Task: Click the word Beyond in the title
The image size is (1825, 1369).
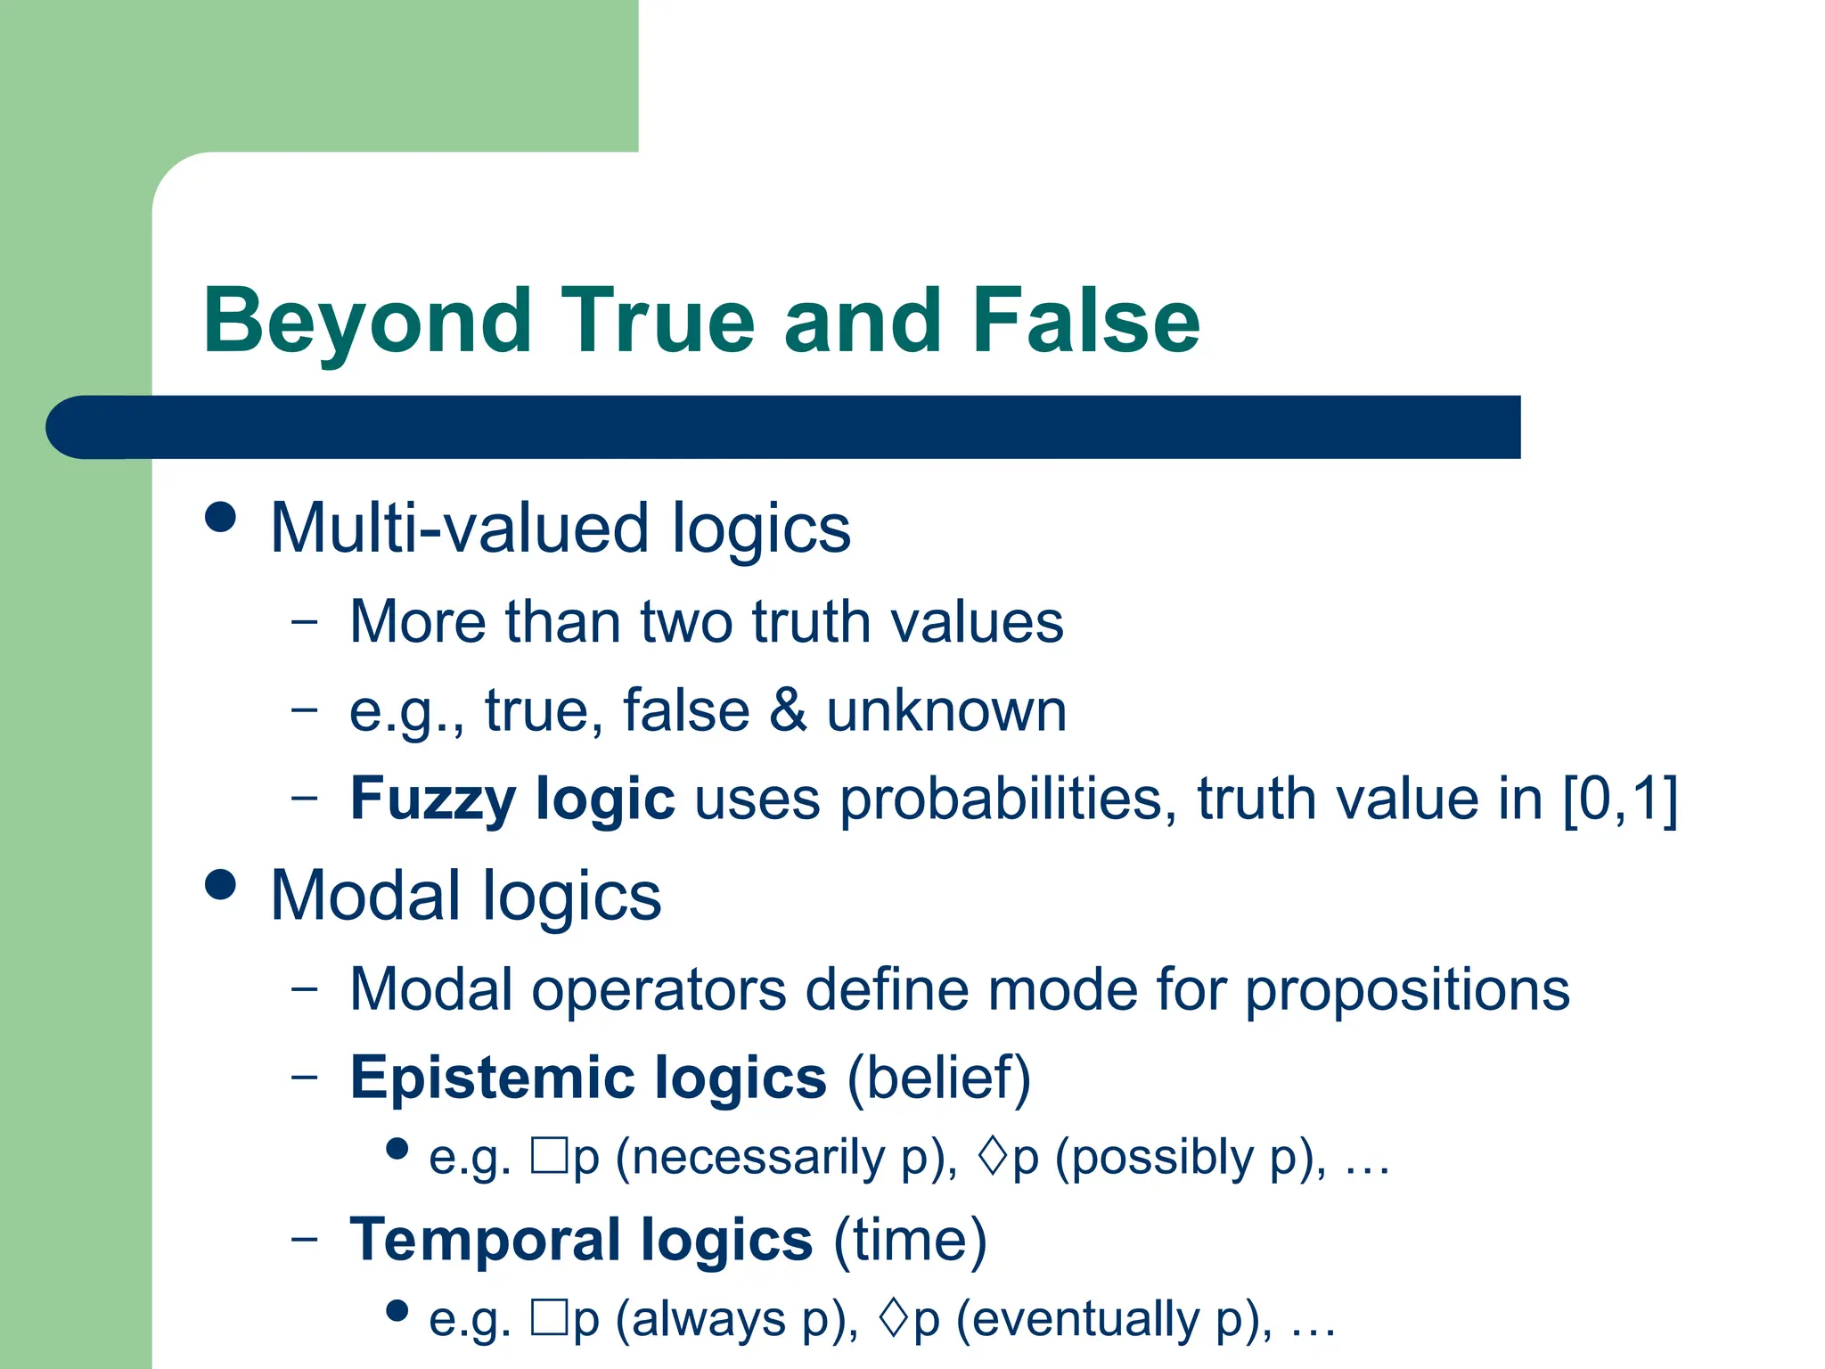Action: (x=367, y=323)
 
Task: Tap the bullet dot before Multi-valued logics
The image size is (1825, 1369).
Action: (x=220, y=517)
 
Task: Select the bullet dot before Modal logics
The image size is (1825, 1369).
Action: (x=220, y=884)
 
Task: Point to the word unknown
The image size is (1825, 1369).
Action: (x=946, y=711)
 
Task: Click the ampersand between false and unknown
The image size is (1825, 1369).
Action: (x=788, y=711)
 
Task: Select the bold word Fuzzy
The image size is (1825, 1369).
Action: (x=432, y=799)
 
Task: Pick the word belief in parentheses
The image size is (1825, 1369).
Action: (x=938, y=1078)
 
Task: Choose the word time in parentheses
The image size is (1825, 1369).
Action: (x=910, y=1240)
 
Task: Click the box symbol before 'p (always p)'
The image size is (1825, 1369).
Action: (x=549, y=1317)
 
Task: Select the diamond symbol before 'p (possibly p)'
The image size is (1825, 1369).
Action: (x=992, y=1156)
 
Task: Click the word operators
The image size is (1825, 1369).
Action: (x=659, y=989)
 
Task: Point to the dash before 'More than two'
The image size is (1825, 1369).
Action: (x=304, y=621)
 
